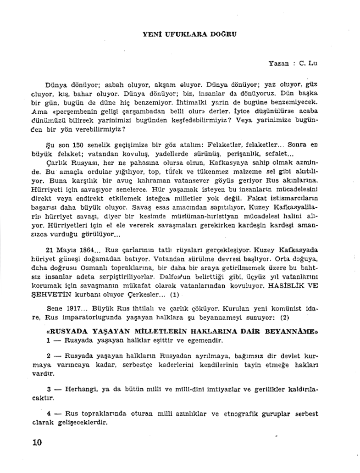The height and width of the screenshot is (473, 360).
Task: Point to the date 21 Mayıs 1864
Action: (x=70, y=250)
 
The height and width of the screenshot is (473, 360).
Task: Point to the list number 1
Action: (x=49, y=340)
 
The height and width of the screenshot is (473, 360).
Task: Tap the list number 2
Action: (x=49, y=356)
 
